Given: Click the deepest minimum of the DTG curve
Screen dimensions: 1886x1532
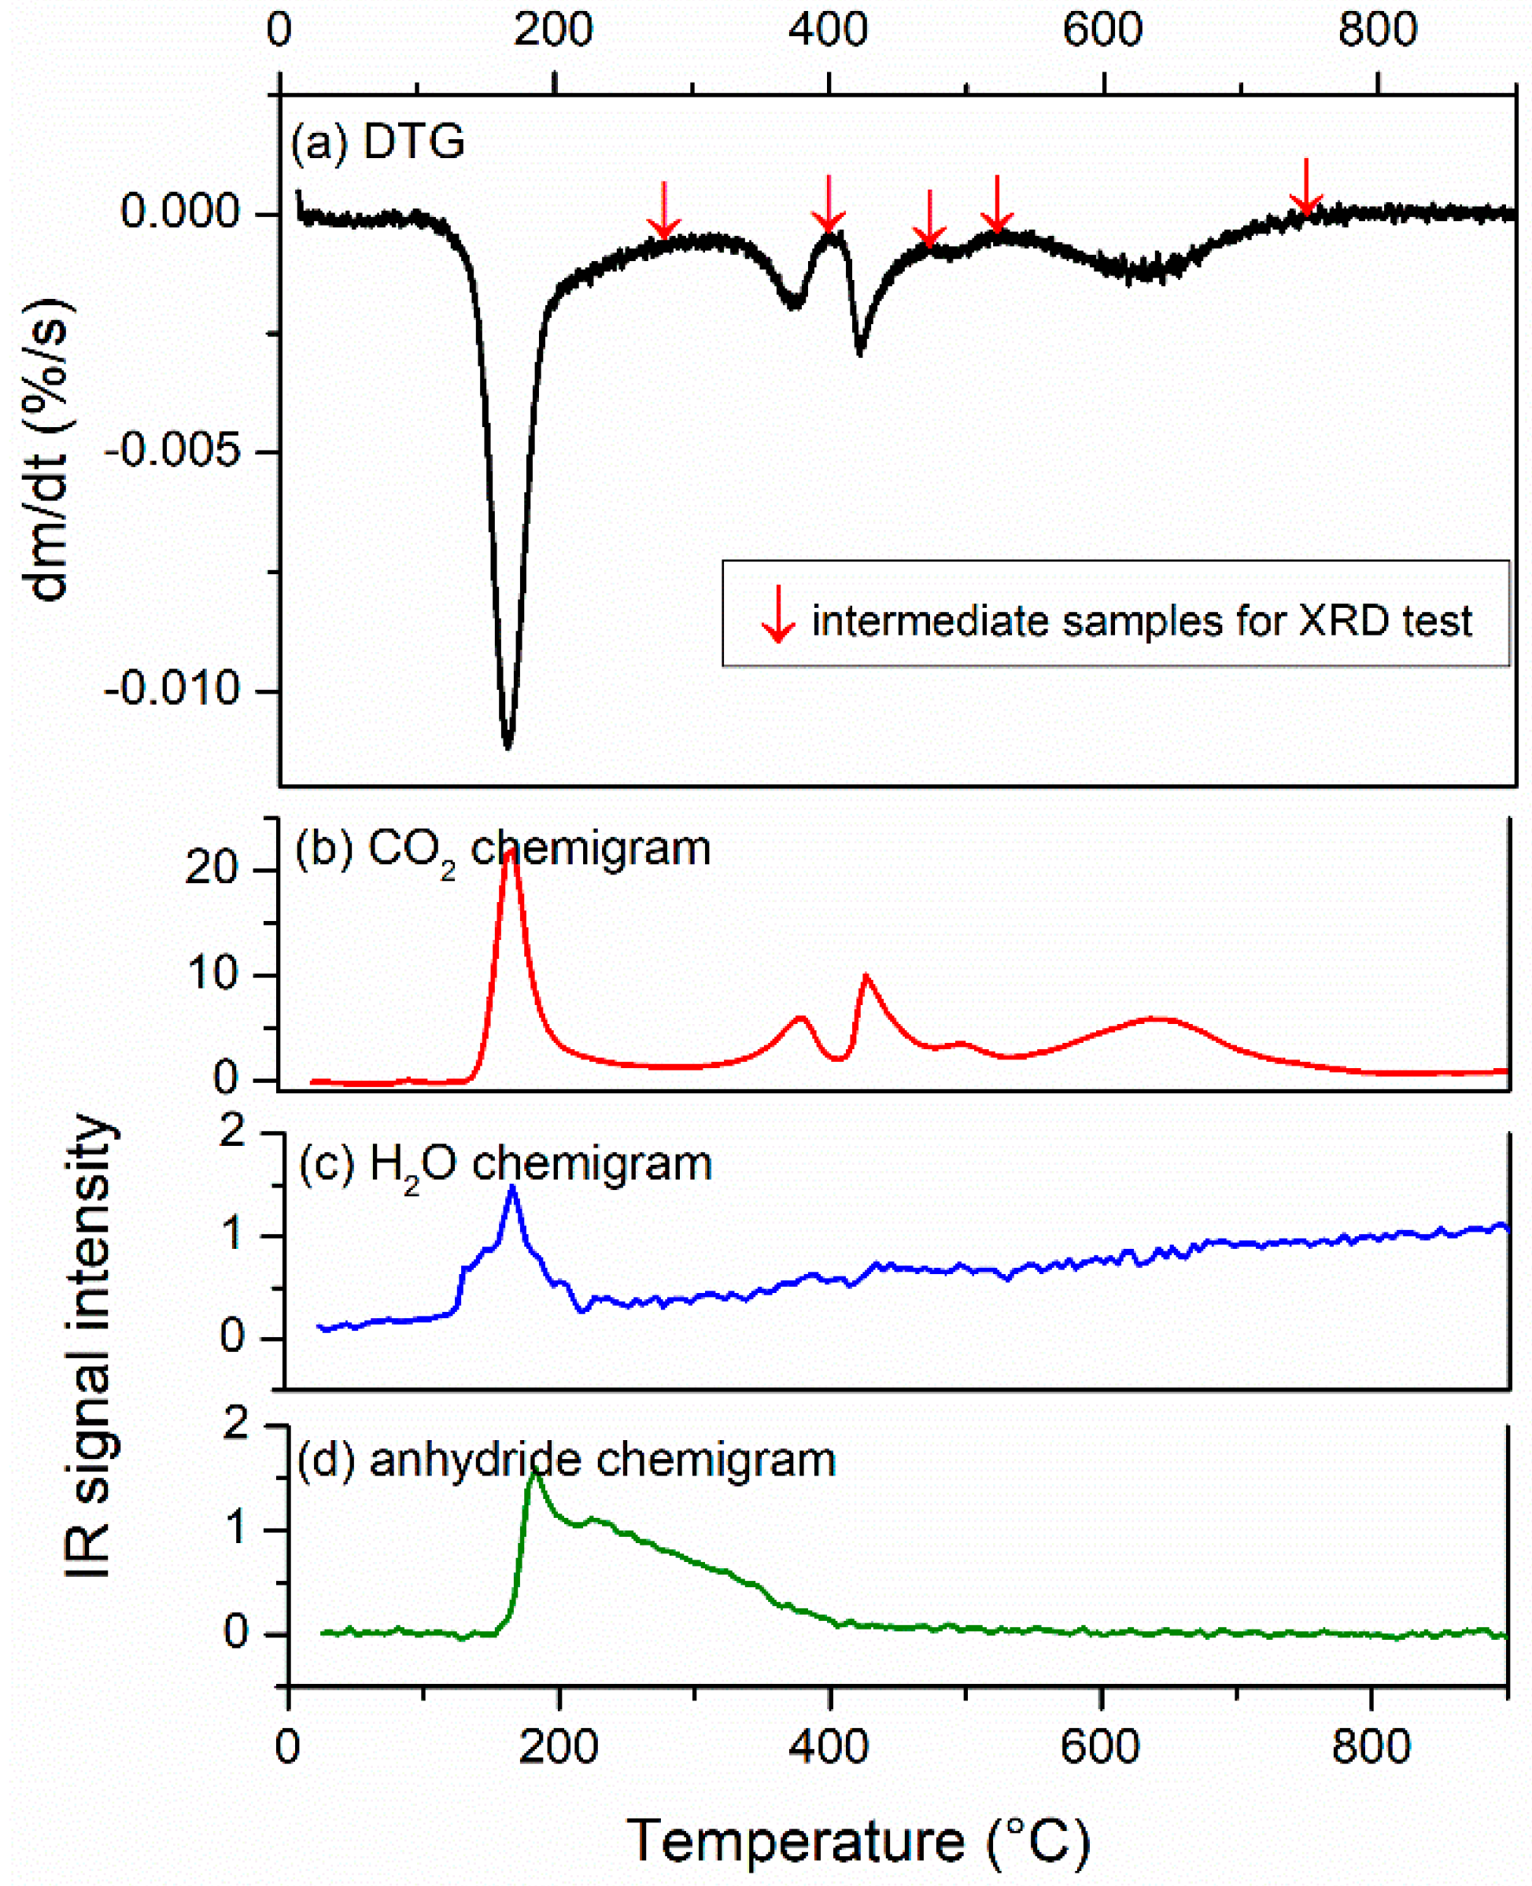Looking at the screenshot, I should pos(508,746).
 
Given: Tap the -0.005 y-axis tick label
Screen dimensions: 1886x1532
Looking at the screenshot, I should pos(172,451).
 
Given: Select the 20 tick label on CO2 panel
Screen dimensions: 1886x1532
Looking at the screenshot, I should pos(211,869).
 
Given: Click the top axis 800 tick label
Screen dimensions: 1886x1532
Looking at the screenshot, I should pos(1377,31).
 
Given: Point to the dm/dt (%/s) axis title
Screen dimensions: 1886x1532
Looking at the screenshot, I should pos(50,450).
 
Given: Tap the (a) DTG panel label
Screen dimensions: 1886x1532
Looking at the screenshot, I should pos(378,141).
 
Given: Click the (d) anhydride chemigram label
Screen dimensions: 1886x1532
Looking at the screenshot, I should pos(566,1460).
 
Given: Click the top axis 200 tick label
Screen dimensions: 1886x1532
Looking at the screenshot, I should pos(553,31).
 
